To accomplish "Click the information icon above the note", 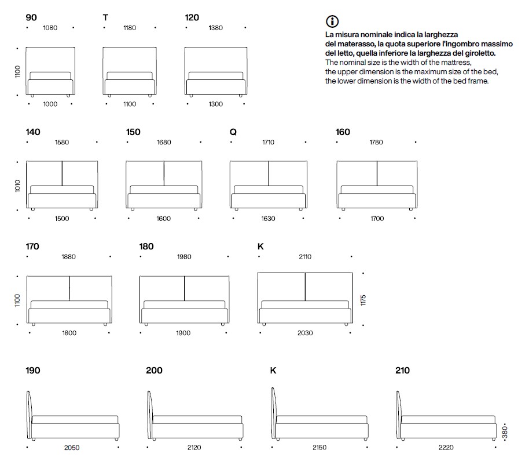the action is click(332, 21).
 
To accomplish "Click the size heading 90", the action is click(31, 17).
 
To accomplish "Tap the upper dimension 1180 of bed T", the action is click(130, 28).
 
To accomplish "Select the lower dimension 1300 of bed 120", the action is click(215, 104).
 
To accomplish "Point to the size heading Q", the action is click(233, 132).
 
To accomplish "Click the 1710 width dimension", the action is click(268, 142).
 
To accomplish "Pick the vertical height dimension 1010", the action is click(17, 186).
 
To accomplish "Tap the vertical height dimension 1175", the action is click(363, 300).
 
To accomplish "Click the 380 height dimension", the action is click(505, 432).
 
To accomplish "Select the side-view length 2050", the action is click(72, 448).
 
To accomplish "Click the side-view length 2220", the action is click(446, 448).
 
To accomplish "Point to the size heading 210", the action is click(402, 371).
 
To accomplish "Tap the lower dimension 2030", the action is click(305, 333).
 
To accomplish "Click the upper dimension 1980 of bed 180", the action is click(184, 257).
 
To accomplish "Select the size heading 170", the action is click(32, 246).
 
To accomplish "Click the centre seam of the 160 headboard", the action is click(377, 173).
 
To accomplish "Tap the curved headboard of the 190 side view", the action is click(29, 415).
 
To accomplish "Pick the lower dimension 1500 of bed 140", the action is click(62, 219).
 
